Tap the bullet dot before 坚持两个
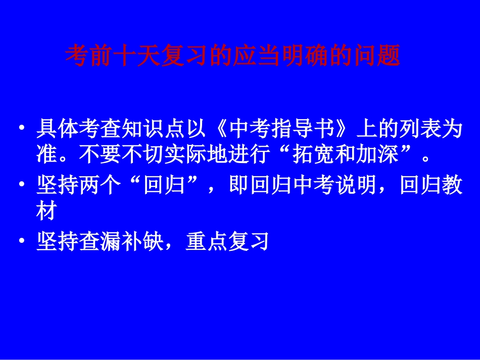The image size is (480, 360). tap(21, 187)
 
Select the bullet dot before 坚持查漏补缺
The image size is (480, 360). tap(21, 242)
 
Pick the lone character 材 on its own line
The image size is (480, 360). tap(45, 212)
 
